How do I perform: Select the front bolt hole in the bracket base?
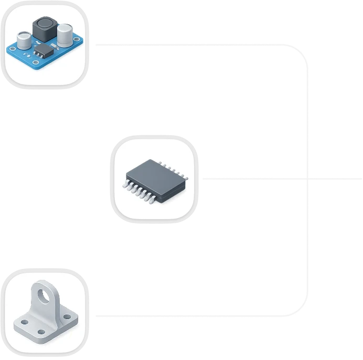point(41,331)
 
